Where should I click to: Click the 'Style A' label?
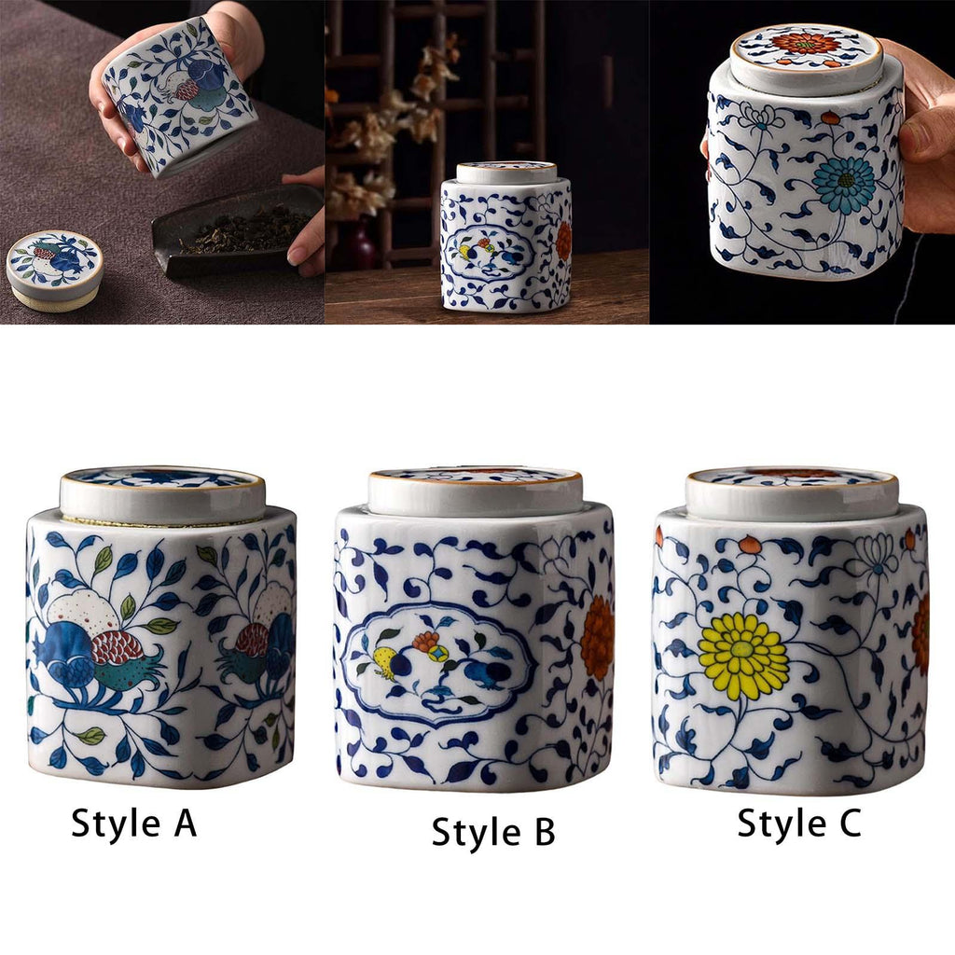coord(134,823)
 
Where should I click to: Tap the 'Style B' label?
coord(493,832)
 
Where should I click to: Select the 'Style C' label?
coord(799,823)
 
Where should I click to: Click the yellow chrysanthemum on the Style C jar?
coord(743,656)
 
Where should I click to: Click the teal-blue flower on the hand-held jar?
coord(843,180)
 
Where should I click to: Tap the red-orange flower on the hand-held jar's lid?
coord(805,43)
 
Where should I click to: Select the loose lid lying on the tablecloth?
coord(53,271)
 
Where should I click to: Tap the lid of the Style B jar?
coord(475,492)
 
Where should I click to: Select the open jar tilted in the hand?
coord(180,96)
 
